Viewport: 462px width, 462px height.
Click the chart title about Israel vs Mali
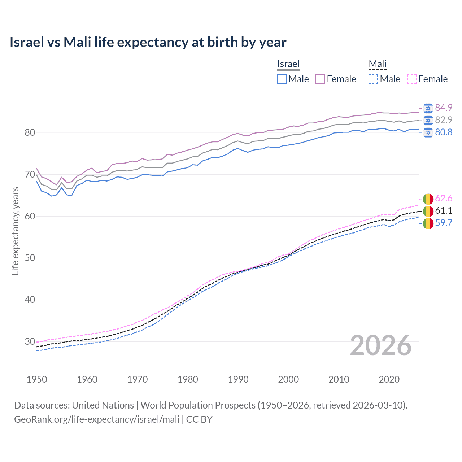point(148,42)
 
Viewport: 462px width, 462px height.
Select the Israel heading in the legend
point(288,64)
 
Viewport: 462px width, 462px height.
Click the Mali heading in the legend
point(378,64)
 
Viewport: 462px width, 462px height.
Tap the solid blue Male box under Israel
point(282,79)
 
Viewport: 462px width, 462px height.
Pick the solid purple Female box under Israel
point(320,79)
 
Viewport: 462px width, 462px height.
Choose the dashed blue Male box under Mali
point(373,79)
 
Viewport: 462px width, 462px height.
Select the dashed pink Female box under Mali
point(412,79)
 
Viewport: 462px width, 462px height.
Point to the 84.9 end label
point(444,108)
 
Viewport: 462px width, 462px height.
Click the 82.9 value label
point(444,120)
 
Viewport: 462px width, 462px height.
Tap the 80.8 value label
point(444,132)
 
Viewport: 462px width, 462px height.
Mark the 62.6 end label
point(444,198)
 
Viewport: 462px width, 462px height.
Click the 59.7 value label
point(444,223)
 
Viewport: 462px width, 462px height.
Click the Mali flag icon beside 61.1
point(428,211)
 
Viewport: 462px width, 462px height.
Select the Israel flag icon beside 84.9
point(428,108)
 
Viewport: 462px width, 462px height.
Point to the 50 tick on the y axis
point(30,258)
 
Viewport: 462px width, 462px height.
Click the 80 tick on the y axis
point(30,133)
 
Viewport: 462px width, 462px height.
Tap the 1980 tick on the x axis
point(188,379)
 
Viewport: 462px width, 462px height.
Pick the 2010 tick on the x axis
point(339,379)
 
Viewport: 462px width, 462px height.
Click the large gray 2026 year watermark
point(381,345)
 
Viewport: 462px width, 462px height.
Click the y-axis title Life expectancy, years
point(15,231)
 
